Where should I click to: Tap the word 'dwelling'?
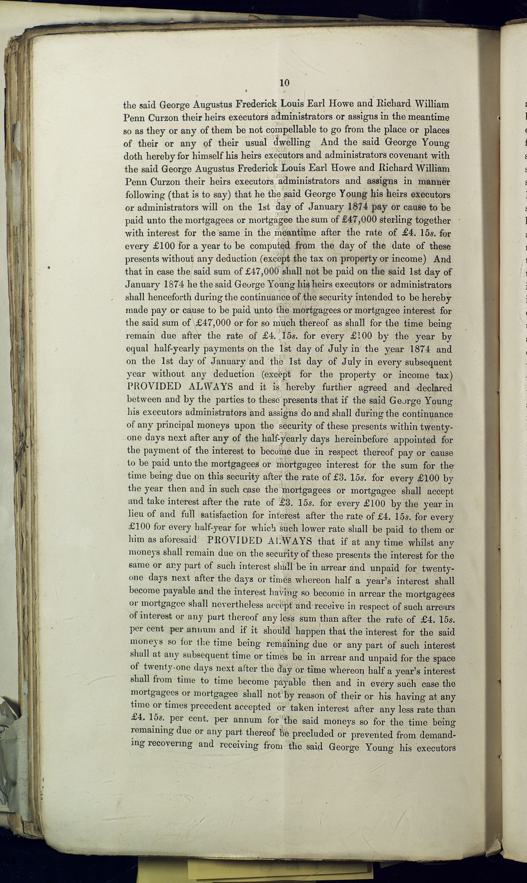click(292, 143)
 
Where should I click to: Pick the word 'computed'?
click(270, 246)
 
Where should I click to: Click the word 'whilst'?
click(421, 542)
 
